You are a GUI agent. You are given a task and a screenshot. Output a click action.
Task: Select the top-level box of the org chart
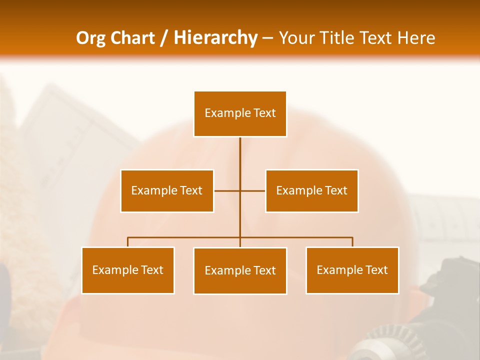(x=240, y=113)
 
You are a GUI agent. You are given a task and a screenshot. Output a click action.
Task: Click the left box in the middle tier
(x=167, y=190)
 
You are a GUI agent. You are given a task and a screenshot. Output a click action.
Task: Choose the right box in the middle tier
(x=312, y=190)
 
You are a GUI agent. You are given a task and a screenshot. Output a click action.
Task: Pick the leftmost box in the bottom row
(x=128, y=270)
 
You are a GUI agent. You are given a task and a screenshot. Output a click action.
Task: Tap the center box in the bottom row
(x=240, y=270)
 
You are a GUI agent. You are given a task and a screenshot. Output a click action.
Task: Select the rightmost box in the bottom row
(x=352, y=270)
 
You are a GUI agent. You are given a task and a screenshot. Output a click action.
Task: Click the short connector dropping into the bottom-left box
(x=128, y=242)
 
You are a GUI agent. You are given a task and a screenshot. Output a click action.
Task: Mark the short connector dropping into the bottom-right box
(x=352, y=242)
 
